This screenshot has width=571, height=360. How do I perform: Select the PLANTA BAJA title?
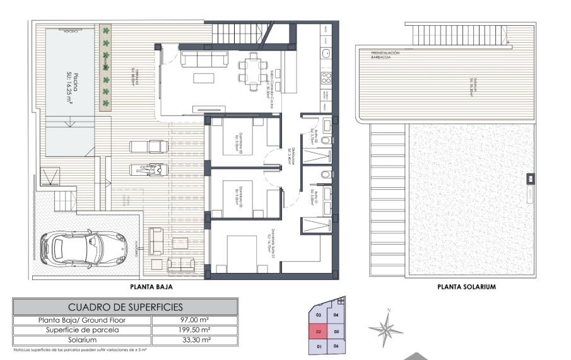tap(151, 286)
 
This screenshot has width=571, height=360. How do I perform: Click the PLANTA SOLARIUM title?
tap(466, 286)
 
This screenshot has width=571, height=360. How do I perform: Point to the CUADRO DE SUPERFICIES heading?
tap(125, 307)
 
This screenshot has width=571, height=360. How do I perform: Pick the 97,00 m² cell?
tap(195, 320)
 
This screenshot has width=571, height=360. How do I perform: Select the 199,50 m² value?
tap(195, 330)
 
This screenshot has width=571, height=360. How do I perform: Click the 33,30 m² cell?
tap(195, 340)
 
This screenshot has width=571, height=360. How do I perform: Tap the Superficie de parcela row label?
tap(82, 330)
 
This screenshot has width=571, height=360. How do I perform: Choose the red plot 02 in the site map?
tap(319, 330)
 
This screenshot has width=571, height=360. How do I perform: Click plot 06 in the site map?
tap(336, 346)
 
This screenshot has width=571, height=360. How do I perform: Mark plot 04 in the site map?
tap(336, 315)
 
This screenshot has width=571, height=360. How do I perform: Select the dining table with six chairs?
tap(252, 69)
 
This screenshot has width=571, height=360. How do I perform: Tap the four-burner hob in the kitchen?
tap(327, 78)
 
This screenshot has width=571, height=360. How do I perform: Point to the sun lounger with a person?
tap(149, 169)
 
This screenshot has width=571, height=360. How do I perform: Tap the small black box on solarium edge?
tap(531, 179)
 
